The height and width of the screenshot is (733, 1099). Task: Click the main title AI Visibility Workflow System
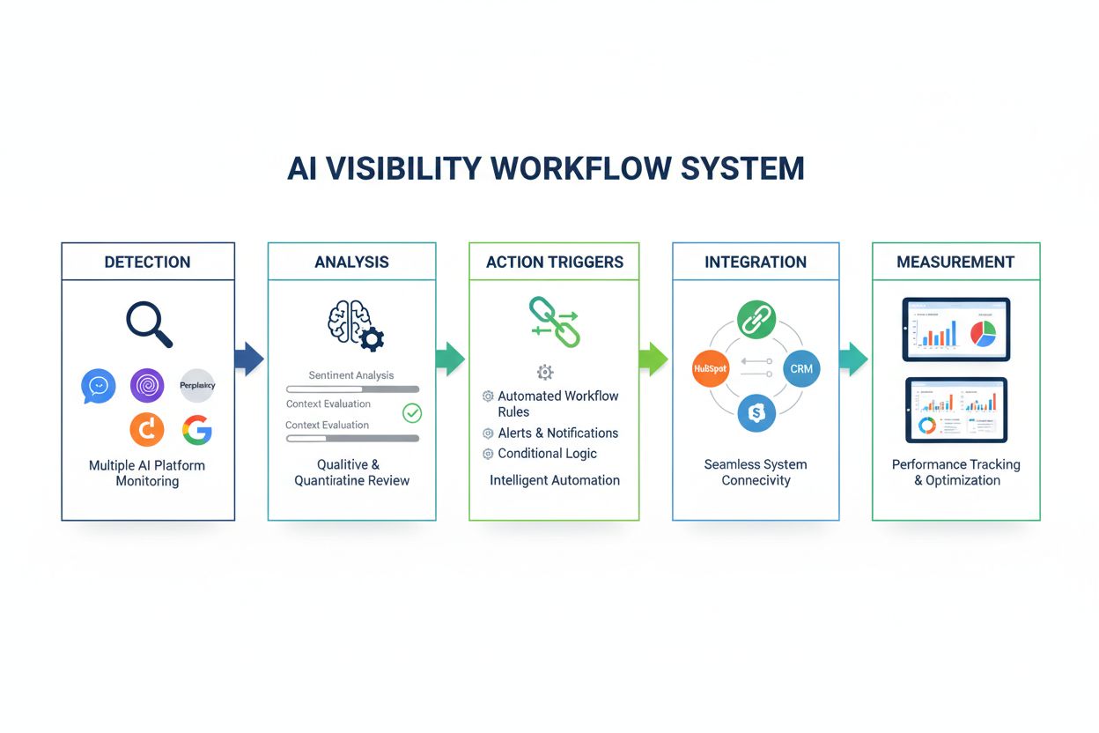pyautogui.click(x=546, y=168)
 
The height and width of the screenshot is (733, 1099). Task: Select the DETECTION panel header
pyautogui.click(x=147, y=262)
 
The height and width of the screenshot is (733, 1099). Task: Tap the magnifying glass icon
pyautogui.click(x=149, y=323)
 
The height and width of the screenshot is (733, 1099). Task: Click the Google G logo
pyautogui.click(x=197, y=429)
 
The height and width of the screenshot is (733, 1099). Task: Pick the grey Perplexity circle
pyautogui.click(x=197, y=386)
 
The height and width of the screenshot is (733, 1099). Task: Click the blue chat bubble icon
pyautogui.click(x=99, y=386)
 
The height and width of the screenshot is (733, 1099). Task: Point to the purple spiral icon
pyautogui.click(x=147, y=386)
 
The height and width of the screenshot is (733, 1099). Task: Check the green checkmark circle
pyautogui.click(x=411, y=412)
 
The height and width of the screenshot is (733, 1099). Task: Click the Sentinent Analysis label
pyautogui.click(x=350, y=375)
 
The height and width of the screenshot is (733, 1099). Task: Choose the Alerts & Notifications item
pyautogui.click(x=557, y=433)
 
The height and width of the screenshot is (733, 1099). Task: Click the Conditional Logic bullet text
pyautogui.click(x=547, y=454)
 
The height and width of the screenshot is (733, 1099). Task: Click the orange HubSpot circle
pyautogui.click(x=710, y=368)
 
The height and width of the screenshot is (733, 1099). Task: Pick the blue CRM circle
pyautogui.click(x=800, y=368)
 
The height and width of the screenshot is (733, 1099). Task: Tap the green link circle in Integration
pyautogui.click(x=756, y=319)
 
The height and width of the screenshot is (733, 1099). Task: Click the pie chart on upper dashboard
pyautogui.click(x=982, y=334)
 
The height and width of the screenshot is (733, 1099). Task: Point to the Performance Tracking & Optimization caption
pyautogui.click(x=955, y=472)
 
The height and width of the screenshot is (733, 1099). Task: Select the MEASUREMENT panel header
pyautogui.click(x=955, y=262)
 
